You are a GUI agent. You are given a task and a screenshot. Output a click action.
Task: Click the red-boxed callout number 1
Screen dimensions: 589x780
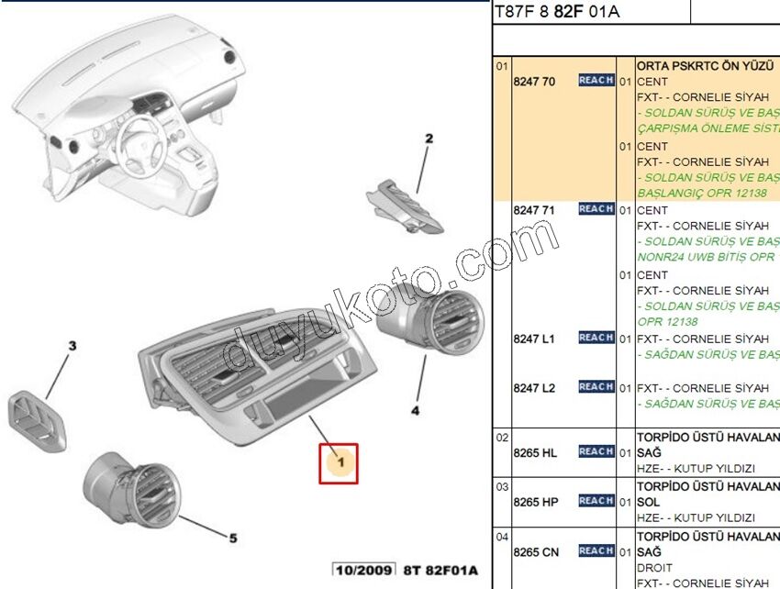tap(339, 463)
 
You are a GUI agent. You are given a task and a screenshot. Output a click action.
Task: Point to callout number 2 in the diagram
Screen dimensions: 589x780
tap(428, 139)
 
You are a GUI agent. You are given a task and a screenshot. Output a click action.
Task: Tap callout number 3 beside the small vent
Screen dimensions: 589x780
tap(72, 346)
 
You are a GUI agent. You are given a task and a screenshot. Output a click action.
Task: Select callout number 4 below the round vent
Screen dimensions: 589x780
tap(415, 410)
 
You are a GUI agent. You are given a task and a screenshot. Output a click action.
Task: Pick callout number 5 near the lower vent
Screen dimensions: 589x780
tap(232, 538)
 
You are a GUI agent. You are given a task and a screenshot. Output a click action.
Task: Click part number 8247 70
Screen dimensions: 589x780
tap(534, 82)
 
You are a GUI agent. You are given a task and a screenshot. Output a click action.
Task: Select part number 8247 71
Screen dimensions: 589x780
tap(534, 210)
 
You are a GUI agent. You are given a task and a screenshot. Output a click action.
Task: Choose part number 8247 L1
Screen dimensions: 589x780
tap(534, 339)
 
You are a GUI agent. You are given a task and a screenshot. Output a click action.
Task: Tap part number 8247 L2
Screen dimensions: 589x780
tap(534, 388)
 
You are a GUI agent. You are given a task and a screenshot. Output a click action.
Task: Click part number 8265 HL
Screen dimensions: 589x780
tap(536, 452)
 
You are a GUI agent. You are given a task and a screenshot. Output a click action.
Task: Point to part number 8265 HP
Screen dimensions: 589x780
tap(536, 502)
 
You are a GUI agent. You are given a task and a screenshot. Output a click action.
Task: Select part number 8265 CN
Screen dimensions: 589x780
tap(536, 551)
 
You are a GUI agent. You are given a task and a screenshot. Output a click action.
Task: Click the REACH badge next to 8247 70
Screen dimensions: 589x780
tap(596, 81)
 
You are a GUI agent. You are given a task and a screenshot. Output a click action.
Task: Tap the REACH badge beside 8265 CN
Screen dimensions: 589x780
tap(596, 550)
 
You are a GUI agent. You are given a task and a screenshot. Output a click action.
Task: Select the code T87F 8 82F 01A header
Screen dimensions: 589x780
tap(557, 12)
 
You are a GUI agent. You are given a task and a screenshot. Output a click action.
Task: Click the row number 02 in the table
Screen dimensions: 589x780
tap(502, 438)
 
